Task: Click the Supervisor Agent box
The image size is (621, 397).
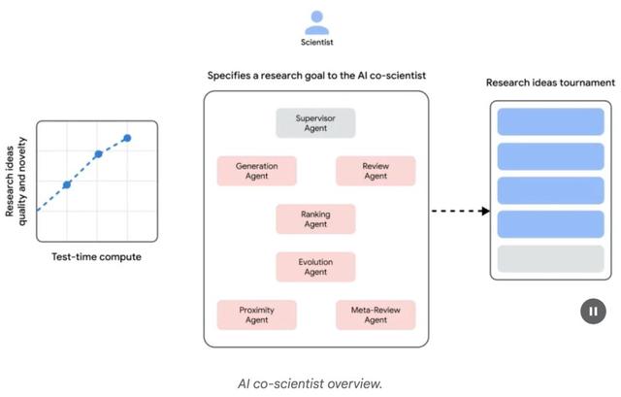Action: point(315,123)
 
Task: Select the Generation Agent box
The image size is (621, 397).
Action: point(256,171)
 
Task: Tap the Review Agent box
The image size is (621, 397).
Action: point(375,171)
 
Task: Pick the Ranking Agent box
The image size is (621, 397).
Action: point(315,218)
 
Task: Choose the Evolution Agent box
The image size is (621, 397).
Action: point(315,266)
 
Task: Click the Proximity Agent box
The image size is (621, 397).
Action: point(256,314)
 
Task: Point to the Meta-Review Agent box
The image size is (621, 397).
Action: point(375,314)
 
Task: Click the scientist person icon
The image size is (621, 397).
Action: point(315,20)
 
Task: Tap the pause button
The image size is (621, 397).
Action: point(592,311)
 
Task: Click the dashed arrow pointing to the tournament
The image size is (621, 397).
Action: point(459,211)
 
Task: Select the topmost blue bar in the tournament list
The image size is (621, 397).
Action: point(535,122)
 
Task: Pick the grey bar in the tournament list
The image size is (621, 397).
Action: point(535,258)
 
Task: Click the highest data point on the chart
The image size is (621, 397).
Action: point(126,138)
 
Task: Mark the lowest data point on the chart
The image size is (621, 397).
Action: point(67,184)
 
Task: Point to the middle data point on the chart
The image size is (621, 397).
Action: point(98,154)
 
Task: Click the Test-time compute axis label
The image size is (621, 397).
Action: point(96,257)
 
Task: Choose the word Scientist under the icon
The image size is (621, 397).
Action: point(315,42)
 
